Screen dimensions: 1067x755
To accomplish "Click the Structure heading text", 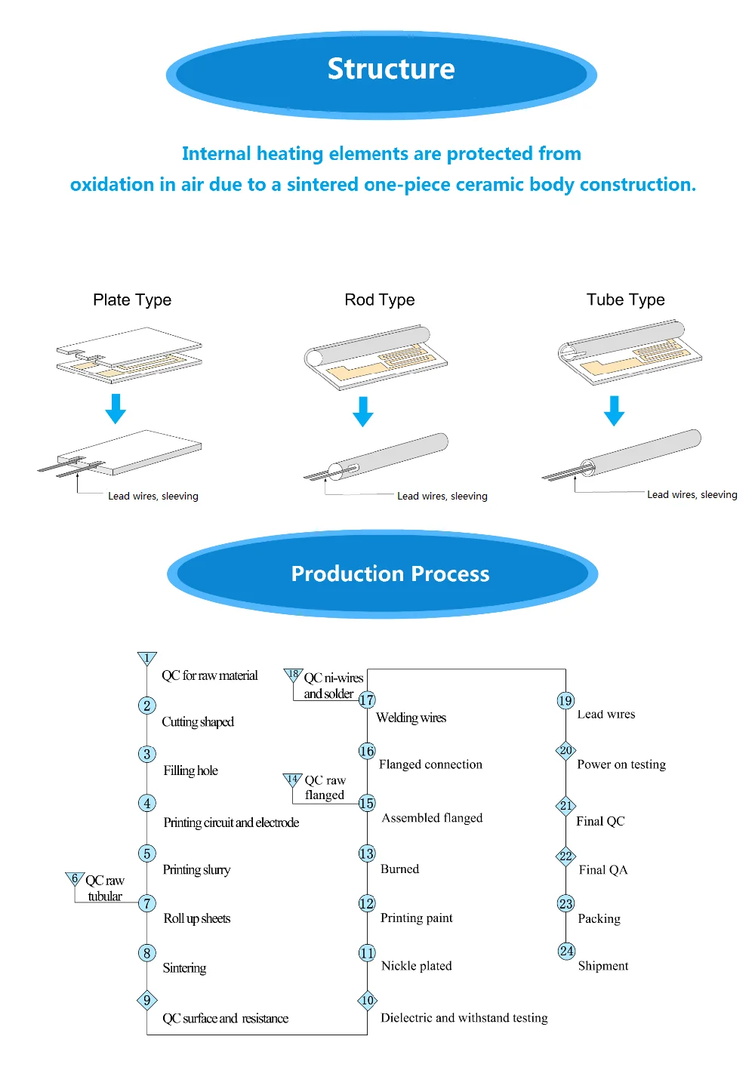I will pyautogui.click(x=391, y=69).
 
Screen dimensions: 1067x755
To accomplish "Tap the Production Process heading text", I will pyautogui.click(x=390, y=574).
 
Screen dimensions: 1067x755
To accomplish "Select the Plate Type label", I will pyautogui.click(x=132, y=300).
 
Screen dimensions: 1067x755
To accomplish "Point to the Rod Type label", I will pyautogui.click(x=380, y=300).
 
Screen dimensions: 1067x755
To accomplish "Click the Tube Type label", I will pyautogui.click(x=626, y=300).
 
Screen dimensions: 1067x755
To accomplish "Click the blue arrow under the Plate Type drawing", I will pyautogui.click(x=116, y=409).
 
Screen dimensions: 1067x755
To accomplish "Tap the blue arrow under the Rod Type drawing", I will pyautogui.click(x=363, y=412).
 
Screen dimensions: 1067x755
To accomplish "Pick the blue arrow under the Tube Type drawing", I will pyautogui.click(x=615, y=411).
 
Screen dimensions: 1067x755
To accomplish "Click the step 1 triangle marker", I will pyautogui.click(x=146, y=658).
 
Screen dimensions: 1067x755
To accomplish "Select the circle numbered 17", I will pyautogui.click(x=367, y=700).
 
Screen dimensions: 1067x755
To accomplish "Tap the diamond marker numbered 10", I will pyautogui.click(x=367, y=1001).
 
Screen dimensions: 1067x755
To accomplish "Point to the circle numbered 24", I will pyautogui.click(x=566, y=952).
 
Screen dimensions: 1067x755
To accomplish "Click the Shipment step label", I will pyautogui.click(x=603, y=967).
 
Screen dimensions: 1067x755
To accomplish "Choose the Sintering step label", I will pyautogui.click(x=184, y=968).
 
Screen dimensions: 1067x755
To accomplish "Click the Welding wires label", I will pyautogui.click(x=411, y=718).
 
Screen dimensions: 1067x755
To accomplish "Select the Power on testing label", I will pyautogui.click(x=621, y=764).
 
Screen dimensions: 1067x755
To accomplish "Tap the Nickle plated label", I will pyautogui.click(x=417, y=966).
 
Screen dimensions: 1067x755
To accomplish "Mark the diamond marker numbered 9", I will pyautogui.click(x=146, y=1001).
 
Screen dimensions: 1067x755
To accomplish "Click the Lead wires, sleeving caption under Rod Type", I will pyautogui.click(x=442, y=497).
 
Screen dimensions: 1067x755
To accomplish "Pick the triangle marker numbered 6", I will pyautogui.click(x=75, y=879).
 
